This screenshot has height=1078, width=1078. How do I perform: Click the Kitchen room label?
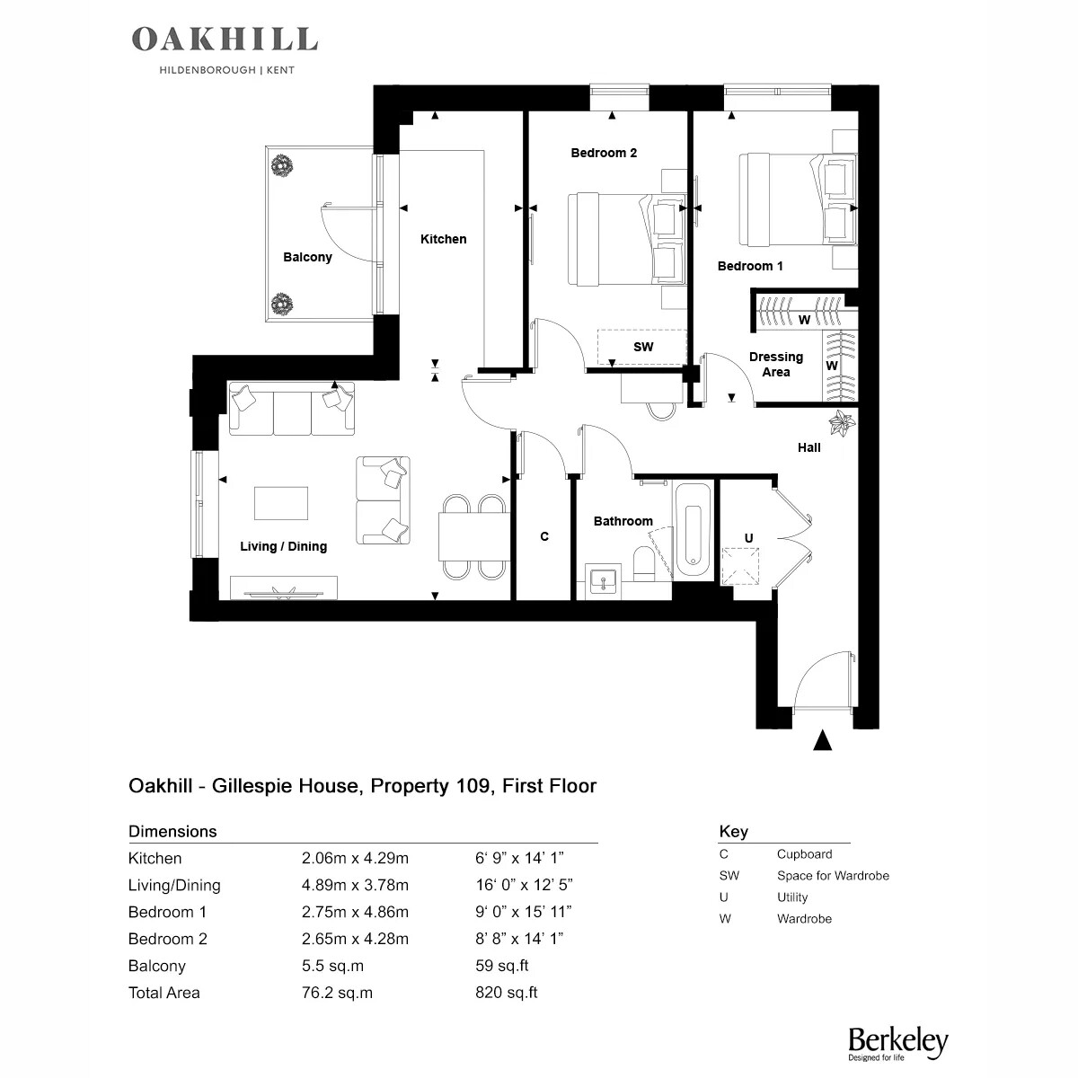click(443, 239)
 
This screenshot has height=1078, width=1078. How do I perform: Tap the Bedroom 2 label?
click(604, 153)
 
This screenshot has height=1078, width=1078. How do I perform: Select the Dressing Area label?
click(776, 364)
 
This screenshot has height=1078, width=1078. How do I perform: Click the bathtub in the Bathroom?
click(694, 532)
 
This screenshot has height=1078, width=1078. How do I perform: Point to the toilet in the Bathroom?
click(644, 564)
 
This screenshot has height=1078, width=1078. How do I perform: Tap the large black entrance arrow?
click(822, 739)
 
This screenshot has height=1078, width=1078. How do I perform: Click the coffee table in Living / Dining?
click(281, 503)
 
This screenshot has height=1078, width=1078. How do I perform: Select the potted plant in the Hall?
click(842, 422)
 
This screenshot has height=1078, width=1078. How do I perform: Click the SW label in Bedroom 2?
click(643, 347)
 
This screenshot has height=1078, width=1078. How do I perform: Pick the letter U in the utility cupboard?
click(748, 537)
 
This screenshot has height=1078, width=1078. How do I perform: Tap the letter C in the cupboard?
click(544, 536)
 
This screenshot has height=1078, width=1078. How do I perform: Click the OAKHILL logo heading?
click(225, 40)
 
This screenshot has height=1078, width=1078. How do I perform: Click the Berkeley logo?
click(897, 1043)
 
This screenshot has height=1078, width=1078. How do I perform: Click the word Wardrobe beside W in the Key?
click(804, 919)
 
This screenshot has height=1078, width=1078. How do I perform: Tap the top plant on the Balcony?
click(282, 166)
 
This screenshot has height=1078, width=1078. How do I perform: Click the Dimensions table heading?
click(172, 831)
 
